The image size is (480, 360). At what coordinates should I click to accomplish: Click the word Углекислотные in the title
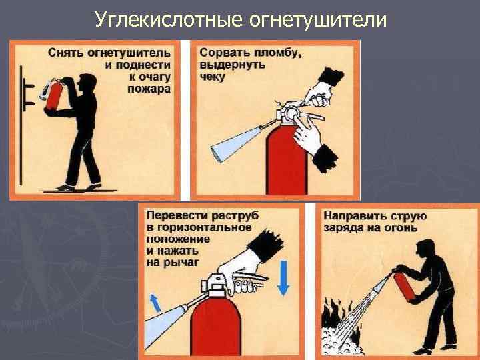click(x=169, y=20)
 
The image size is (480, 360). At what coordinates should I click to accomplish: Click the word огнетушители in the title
click(x=318, y=20)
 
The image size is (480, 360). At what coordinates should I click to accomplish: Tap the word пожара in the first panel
click(x=149, y=89)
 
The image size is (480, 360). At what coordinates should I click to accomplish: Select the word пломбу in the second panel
click(x=278, y=53)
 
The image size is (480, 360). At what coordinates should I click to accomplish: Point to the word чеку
click(x=212, y=77)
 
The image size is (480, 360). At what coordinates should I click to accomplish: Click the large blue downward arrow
click(x=283, y=277)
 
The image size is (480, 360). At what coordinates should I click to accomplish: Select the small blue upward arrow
click(x=155, y=303)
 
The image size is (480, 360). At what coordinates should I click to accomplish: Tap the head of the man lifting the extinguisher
click(x=87, y=82)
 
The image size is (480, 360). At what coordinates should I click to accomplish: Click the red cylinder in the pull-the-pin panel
click(x=287, y=160)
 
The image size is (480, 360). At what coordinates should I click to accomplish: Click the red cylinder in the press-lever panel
click(x=216, y=326)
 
